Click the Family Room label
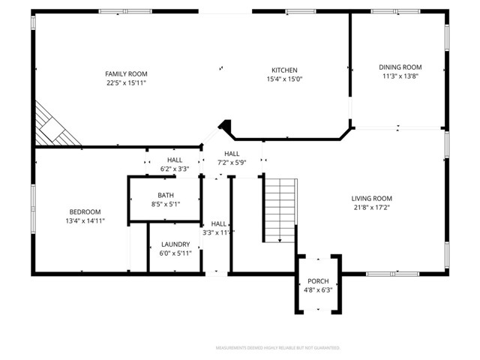tap(126, 73)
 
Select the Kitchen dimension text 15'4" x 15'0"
tap(284, 79)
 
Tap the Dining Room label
tap(400, 67)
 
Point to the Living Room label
tap(372, 199)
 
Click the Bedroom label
tap(85, 212)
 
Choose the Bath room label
tap(166, 195)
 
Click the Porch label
tap(318, 281)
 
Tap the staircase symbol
tap(280, 210)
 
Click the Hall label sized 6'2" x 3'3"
tap(175, 160)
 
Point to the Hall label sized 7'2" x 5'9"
tap(232, 154)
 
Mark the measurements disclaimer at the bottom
tap(277, 348)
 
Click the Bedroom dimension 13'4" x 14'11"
tap(85, 221)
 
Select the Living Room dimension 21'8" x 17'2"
tap(372, 208)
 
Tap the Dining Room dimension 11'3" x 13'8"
tap(400, 76)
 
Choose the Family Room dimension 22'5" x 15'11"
tap(126, 82)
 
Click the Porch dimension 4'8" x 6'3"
tap(318, 289)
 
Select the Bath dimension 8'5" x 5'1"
tap(166, 203)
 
